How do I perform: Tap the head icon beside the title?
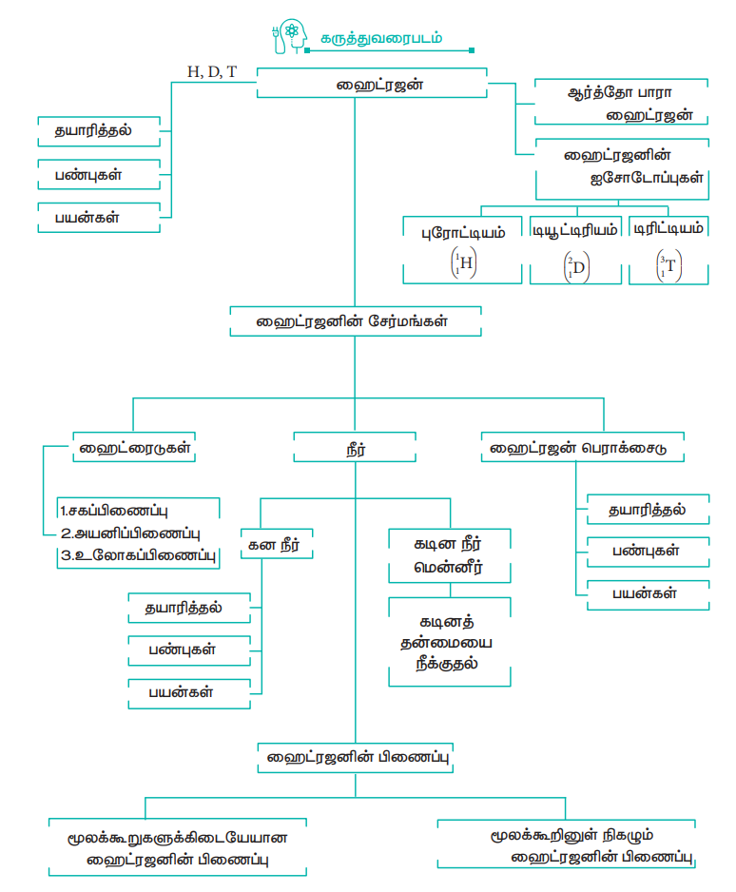[288, 37]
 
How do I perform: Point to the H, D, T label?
[213, 70]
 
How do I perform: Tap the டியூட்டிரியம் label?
[574, 229]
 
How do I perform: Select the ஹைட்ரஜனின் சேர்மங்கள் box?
[354, 320]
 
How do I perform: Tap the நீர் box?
[354, 447]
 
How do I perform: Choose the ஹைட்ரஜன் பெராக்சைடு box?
[582, 445]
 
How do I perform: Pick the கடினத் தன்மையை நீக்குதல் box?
[451, 642]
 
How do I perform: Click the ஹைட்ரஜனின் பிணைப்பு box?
[355, 758]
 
